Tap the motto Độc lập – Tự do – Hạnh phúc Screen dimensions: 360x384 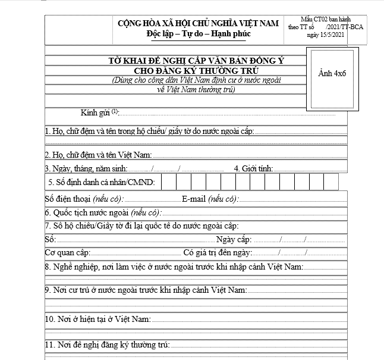(x=199, y=33)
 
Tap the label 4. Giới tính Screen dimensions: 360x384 (x=253, y=168)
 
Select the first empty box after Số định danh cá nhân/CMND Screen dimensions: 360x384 (x=168, y=181)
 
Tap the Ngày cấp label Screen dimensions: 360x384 (x=234, y=239)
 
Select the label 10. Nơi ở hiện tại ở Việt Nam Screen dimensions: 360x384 (x=97, y=320)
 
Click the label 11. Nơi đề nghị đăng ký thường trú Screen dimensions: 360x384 (x=107, y=345)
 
